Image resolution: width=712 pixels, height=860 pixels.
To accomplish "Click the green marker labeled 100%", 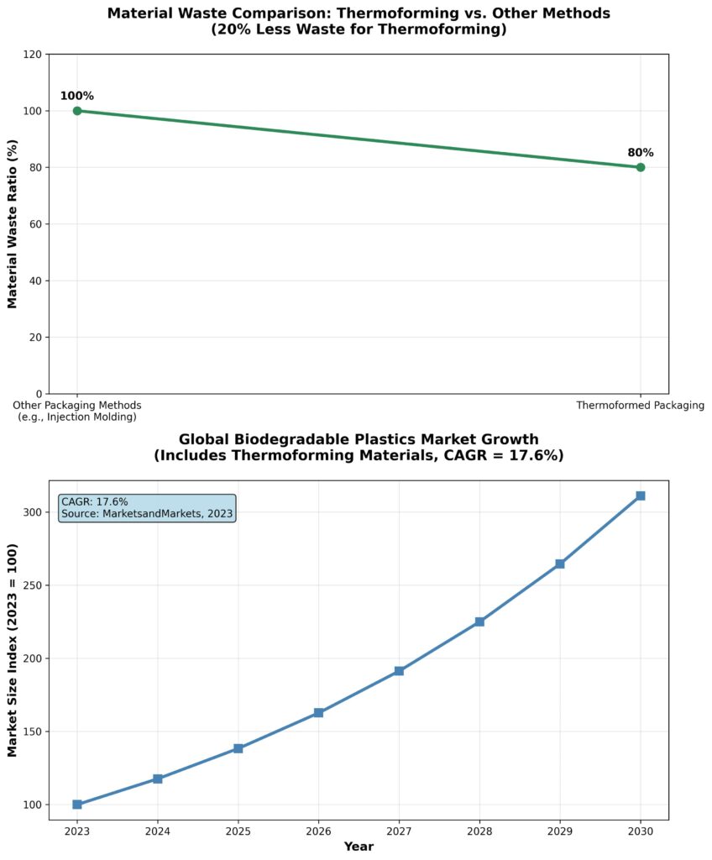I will coord(77,111).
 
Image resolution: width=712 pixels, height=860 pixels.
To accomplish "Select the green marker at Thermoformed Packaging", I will coord(641,167).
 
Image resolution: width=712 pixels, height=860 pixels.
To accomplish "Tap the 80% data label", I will coord(641,153).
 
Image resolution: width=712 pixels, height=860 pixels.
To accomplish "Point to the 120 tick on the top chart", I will coord(34,55).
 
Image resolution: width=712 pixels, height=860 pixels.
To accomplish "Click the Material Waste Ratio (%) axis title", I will coord(13,224).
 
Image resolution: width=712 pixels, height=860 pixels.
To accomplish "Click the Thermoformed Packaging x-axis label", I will coord(640,406).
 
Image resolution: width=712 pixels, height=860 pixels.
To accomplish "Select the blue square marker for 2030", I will coord(641,496).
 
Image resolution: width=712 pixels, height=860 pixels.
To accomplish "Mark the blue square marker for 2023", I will coord(77,805).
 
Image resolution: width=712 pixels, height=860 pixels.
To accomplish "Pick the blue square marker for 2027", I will coord(399,671).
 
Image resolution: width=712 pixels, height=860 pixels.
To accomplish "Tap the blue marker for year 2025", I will coord(238,748).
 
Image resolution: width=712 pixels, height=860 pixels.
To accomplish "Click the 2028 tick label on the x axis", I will coord(479,831).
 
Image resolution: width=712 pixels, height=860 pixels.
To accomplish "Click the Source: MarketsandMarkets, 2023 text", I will coord(147,513).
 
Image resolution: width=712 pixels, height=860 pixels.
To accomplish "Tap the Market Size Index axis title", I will coord(13,649).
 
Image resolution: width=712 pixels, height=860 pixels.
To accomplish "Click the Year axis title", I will coord(359,847).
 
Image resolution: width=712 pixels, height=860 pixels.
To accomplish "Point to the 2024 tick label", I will coord(158,831).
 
